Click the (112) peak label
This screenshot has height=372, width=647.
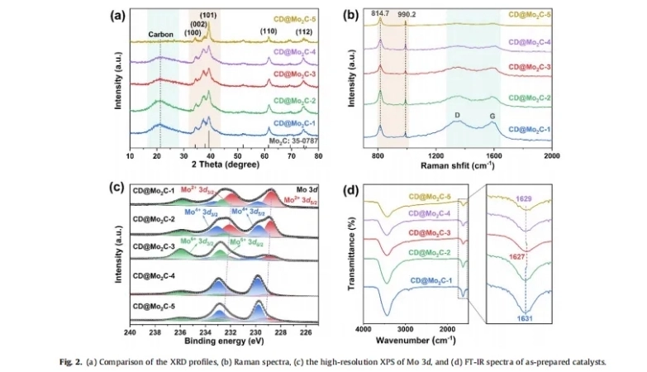304,32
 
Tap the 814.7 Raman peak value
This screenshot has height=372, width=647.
380,16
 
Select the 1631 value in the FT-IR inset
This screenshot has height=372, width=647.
526,317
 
